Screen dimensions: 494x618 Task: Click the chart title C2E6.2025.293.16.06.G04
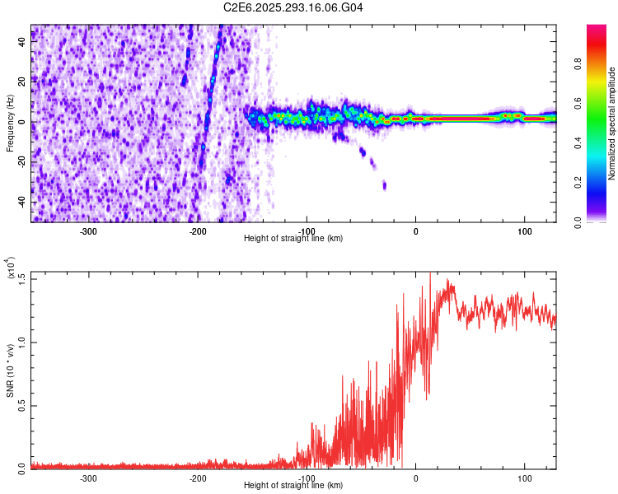pos(293,7)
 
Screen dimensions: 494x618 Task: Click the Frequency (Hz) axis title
pos(10,122)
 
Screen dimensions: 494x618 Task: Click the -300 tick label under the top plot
pos(89,231)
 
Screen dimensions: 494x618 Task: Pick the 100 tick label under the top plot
pos(524,231)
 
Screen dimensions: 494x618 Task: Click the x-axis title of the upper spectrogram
pos(293,239)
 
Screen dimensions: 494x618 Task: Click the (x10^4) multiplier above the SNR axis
pos(12,269)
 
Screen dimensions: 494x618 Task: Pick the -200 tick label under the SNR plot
pos(198,478)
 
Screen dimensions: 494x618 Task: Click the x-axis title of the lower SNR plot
pos(293,486)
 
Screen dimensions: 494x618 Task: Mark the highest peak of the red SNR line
pos(430,274)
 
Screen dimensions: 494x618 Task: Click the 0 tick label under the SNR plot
pos(415,478)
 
